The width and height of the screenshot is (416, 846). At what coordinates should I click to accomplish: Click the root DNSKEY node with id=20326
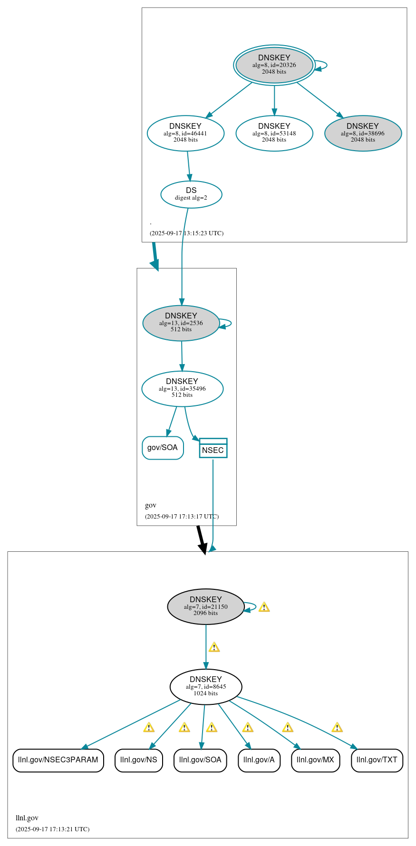pos(274,65)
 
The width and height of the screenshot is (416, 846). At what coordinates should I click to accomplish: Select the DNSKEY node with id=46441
pos(185,133)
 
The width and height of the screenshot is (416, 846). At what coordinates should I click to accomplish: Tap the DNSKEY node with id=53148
pos(274,133)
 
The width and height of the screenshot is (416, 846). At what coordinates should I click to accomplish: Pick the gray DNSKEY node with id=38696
pos(363,133)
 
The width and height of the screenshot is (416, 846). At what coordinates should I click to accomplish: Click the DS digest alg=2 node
pos(191,194)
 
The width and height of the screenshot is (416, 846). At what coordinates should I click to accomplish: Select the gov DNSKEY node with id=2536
pos(181,323)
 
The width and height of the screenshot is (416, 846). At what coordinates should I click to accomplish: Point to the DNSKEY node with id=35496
pos(182,388)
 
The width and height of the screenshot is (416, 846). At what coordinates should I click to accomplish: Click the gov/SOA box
pos(163,448)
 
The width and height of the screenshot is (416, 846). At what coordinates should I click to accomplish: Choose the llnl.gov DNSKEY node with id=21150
pos(205,606)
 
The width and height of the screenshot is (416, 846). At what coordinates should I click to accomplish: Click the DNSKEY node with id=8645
pos(205,686)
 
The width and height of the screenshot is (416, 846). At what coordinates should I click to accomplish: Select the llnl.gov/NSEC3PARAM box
pos(58,760)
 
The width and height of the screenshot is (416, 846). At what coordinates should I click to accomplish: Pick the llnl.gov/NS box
pos(138,760)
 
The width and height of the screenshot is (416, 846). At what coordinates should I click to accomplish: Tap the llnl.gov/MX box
pos(315,760)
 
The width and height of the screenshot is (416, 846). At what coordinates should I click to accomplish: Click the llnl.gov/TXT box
pos(377,760)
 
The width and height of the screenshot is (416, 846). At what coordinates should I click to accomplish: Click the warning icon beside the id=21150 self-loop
pos(264,607)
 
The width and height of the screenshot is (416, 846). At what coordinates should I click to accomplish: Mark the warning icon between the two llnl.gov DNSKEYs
pos(214,647)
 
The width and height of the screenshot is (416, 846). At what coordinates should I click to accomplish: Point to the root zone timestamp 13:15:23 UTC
pos(186,233)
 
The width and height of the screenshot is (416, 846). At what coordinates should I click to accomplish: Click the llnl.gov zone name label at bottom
pos(27,818)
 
